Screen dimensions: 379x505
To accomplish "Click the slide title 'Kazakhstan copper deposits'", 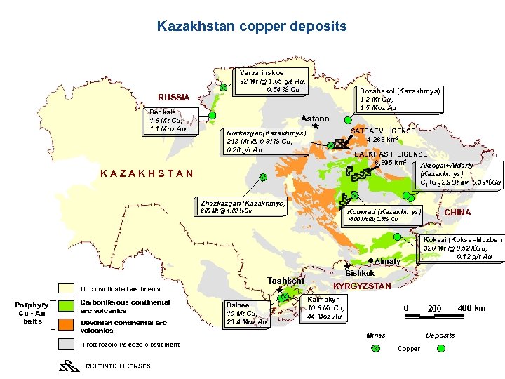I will coord(252,27).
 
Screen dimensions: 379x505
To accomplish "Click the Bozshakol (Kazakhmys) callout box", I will coord(399,99).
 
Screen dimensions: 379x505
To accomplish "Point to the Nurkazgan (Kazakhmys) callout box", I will coord(264,141).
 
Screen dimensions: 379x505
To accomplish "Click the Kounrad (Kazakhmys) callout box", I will coord(383,215).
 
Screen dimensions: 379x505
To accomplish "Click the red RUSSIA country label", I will coord(173,97).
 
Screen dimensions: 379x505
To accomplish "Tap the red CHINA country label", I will coord(457,213).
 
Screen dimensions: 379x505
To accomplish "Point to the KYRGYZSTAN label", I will coord(361,286).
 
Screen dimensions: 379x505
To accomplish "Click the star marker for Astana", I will coord(315,128).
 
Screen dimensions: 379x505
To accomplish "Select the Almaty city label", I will coord(387,261).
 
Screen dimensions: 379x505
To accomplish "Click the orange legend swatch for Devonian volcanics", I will coord(67,324).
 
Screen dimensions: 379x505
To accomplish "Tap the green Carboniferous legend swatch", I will coord(67,307).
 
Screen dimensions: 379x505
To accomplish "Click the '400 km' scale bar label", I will coord(471,308).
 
